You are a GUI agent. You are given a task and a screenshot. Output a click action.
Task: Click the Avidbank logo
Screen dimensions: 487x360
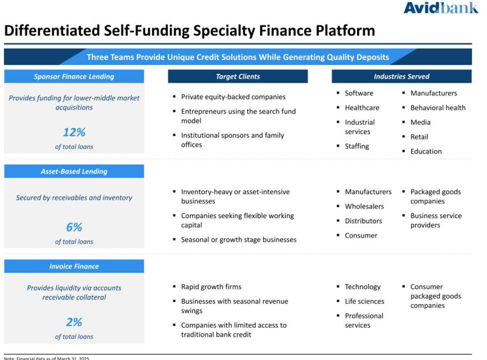(441, 8)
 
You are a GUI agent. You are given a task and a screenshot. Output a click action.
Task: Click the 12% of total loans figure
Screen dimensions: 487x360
(74, 132)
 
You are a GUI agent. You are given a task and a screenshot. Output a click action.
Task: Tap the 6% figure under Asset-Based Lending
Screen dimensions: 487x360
(74, 227)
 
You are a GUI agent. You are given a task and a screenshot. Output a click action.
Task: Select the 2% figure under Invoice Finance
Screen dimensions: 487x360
(74, 322)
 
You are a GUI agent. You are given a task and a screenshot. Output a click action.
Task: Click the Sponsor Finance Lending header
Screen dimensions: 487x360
(74, 76)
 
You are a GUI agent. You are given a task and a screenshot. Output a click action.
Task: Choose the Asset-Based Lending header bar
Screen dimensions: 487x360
(74, 171)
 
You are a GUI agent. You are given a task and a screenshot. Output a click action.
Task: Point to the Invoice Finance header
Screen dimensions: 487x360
(74, 266)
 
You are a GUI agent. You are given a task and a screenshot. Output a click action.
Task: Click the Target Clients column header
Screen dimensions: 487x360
(238, 76)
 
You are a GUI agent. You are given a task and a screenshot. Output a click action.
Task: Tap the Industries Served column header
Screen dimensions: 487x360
(402, 76)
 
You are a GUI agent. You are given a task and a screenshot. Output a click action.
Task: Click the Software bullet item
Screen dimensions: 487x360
(359, 93)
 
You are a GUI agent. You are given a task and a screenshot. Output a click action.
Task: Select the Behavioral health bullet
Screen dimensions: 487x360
(438, 108)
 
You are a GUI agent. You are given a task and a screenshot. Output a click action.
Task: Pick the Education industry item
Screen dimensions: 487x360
(426, 151)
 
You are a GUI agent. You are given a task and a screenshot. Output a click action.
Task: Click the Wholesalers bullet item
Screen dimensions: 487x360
(364, 206)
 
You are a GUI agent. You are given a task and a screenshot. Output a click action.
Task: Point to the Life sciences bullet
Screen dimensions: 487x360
(364, 301)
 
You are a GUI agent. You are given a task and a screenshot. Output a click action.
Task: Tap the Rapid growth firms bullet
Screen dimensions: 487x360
(211, 287)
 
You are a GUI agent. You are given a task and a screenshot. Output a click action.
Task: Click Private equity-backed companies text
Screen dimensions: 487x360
(233, 97)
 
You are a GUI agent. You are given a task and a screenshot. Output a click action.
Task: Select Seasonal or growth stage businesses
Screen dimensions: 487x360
(239, 240)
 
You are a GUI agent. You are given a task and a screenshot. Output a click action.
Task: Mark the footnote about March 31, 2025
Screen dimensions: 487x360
(46, 358)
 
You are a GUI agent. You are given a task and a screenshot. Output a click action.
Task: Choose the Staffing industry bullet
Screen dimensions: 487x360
(357, 146)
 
